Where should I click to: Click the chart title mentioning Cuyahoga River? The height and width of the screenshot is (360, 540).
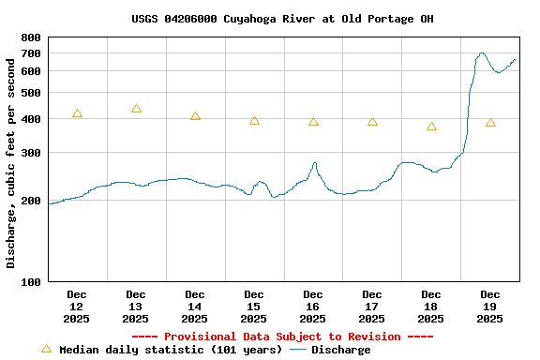point(282,19)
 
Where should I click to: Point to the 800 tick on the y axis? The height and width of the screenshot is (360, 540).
point(31,37)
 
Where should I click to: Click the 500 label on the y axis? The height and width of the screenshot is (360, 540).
point(31,93)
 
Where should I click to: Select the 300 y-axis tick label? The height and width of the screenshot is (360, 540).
point(31,153)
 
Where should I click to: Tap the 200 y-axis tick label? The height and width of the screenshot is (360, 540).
point(31,201)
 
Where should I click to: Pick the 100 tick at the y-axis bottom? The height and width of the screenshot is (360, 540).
point(31,281)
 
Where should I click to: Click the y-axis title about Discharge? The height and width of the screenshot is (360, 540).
point(11,159)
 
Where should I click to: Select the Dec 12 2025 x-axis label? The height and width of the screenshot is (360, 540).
point(77,307)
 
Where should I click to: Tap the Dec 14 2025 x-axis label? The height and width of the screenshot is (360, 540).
point(195,307)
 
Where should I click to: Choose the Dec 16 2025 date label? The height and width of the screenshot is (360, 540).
point(313,307)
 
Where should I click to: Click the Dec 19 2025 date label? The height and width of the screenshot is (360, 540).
point(490,307)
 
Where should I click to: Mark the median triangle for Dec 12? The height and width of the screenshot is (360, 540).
point(77,113)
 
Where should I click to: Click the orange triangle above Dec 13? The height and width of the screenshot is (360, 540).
point(136,109)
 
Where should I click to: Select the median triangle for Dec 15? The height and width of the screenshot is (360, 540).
point(254,121)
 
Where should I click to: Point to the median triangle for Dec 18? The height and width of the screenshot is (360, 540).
point(431,127)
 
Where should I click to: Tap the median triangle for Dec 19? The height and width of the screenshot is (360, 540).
point(490,123)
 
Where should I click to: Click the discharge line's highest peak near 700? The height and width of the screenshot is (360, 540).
point(482,53)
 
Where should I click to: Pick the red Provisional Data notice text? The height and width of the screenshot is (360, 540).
point(282,337)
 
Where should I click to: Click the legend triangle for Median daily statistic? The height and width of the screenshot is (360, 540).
point(46,349)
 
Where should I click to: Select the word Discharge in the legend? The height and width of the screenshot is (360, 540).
point(340,350)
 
